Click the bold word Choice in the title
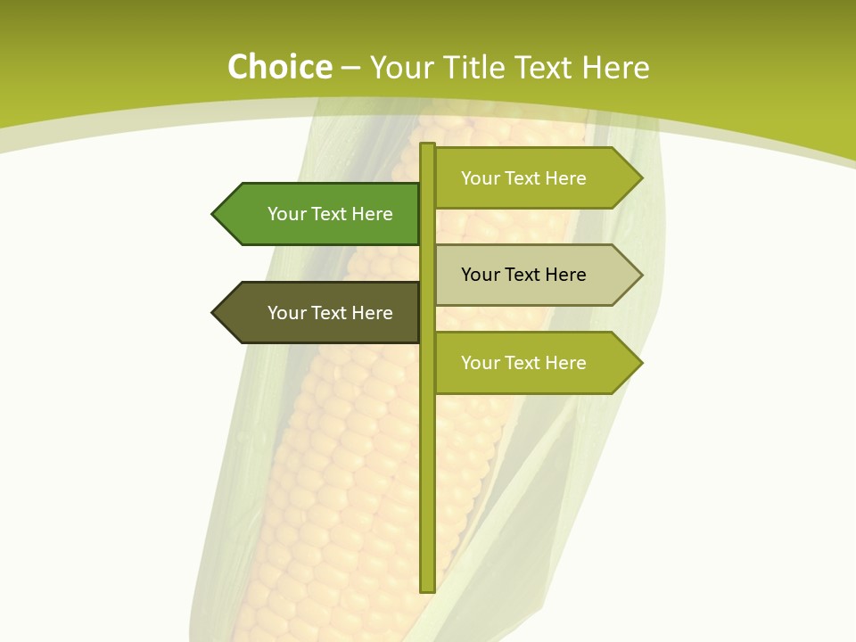click(279, 68)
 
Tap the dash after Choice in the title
click(350, 69)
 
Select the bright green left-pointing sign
click(321, 214)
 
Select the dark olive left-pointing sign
click(321, 313)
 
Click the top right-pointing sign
click(531, 178)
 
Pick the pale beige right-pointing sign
click(531, 275)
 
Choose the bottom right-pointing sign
click(531, 363)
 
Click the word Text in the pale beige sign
click(523, 275)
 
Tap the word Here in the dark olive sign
click(372, 313)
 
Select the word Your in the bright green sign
click(286, 214)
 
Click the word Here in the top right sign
click(565, 178)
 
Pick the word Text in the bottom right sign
click(523, 363)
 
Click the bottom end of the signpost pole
click(427, 588)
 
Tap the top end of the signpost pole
click(427, 146)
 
